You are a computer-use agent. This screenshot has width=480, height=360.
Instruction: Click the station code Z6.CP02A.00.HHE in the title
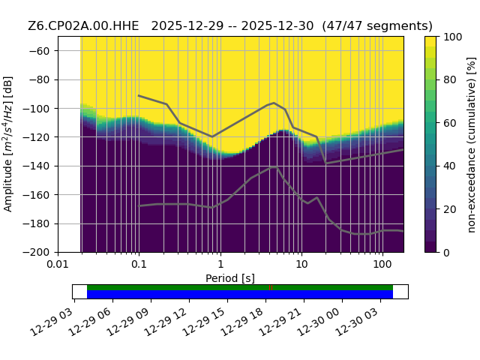[83, 26]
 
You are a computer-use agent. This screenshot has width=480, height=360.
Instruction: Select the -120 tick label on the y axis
[37, 137]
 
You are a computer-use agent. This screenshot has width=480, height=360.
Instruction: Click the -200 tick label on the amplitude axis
[37, 253]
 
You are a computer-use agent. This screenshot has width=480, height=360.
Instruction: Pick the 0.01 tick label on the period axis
[58, 264]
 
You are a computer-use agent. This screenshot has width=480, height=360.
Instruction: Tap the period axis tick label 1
[220, 264]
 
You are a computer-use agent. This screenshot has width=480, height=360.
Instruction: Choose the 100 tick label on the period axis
[382, 264]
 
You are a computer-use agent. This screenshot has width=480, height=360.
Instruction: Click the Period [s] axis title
[230, 278]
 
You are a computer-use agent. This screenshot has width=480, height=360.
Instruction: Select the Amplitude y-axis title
[8, 144]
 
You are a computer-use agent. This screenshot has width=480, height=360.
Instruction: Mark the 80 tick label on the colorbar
[450, 80]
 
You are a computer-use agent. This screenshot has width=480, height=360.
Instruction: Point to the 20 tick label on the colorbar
[450, 210]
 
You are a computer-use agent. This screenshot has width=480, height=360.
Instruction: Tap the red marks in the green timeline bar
[271, 288]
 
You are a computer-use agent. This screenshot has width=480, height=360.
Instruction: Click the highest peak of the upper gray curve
[274, 103]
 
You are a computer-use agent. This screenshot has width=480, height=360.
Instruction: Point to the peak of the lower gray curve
[274, 167]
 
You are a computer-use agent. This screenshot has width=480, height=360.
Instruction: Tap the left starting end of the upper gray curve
[139, 95]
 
